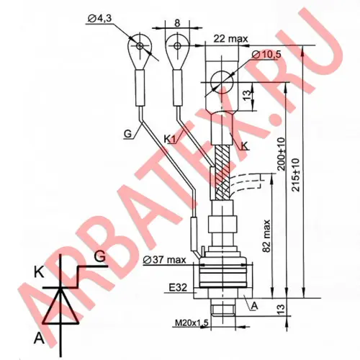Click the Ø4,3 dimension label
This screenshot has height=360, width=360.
click(x=99, y=19)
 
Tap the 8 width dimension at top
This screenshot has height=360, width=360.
click(x=177, y=23)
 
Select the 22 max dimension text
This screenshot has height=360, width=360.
click(x=230, y=39)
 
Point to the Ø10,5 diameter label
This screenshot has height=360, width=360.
click(x=266, y=55)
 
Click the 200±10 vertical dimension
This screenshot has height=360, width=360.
click(x=282, y=154)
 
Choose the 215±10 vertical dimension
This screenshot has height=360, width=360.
click(x=296, y=175)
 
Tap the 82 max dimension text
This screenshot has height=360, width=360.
click(x=266, y=235)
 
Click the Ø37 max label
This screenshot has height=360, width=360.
click(x=164, y=260)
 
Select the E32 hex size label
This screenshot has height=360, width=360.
click(x=178, y=287)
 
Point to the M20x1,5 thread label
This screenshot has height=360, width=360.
click(x=192, y=323)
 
